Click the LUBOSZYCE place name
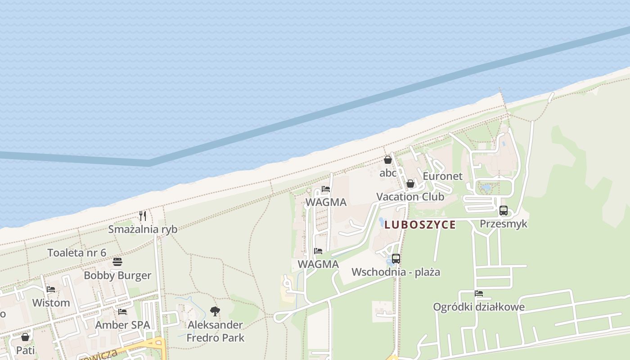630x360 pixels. (x=420, y=225)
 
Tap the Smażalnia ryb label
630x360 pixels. (x=143, y=229)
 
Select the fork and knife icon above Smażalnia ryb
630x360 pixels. (x=143, y=216)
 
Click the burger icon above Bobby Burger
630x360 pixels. (x=117, y=262)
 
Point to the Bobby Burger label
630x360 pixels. (x=117, y=275)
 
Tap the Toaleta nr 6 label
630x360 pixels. (x=77, y=252)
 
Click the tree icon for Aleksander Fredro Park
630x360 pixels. (x=215, y=311)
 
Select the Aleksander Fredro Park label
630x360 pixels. (x=216, y=331)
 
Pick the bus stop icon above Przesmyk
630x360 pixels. (x=504, y=210)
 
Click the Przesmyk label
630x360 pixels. (x=504, y=224)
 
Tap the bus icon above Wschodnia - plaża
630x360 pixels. (x=396, y=259)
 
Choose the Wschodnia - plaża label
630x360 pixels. (x=396, y=272)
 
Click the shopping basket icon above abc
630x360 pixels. (x=388, y=160)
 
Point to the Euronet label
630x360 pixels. (x=442, y=176)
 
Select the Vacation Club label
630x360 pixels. (x=410, y=197)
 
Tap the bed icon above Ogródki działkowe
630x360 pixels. (x=479, y=293)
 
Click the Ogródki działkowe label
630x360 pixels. (x=479, y=307)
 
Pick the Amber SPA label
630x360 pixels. (x=122, y=325)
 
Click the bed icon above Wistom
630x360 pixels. (x=51, y=289)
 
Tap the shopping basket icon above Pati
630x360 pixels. (x=25, y=337)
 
